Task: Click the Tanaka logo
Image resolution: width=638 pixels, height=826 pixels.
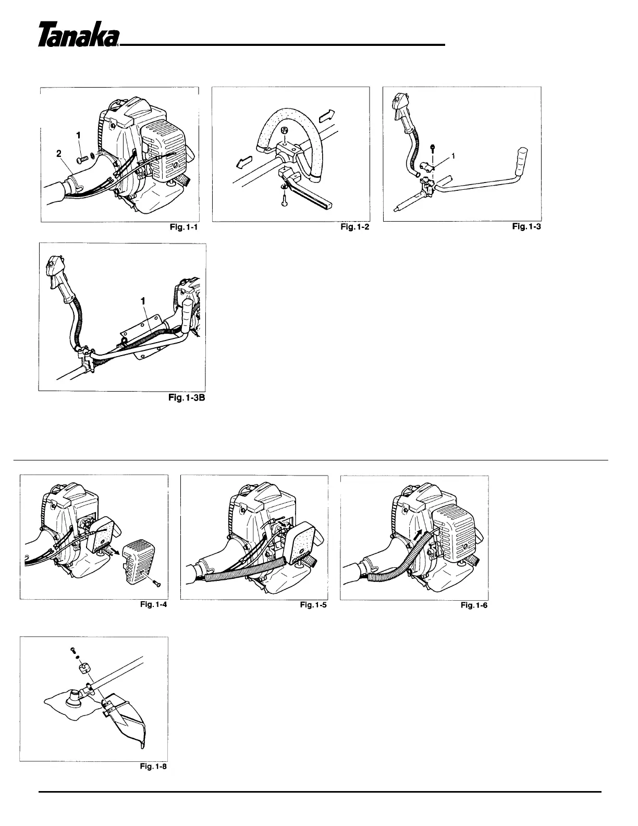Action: tap(79, 34)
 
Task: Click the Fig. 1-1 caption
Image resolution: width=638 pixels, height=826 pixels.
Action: tap(184, 227)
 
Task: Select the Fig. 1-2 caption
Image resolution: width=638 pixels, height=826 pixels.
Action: tap(355, 227)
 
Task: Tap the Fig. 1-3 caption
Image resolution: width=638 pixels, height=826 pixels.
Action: tap(526, 226)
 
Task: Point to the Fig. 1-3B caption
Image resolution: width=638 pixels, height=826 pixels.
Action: tap(187, 397)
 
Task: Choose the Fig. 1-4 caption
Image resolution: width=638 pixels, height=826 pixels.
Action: tap(154, 604)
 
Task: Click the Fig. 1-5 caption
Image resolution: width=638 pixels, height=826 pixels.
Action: tap(313, 604)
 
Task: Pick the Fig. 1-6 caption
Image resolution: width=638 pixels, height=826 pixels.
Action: tap(474, 605)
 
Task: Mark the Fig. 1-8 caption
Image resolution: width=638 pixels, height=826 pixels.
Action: tap(154, 767)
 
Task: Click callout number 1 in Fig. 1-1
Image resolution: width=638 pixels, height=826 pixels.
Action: tap(78, 136)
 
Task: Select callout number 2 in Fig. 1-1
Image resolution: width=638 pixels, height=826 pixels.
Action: tap(58, 153)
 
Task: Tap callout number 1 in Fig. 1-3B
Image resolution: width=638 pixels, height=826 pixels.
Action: tap(143, 301)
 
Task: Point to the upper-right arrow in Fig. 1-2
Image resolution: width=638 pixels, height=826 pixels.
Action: tap(328, 114)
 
